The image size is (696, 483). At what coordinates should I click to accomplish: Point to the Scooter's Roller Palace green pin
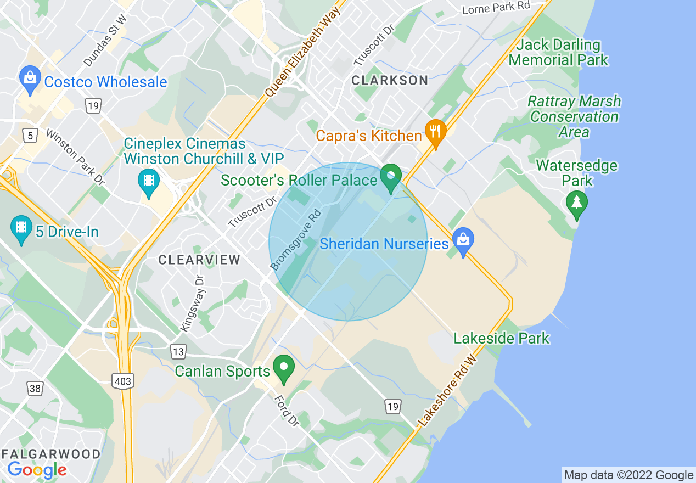(391, 178)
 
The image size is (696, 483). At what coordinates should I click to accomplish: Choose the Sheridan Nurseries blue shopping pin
(463, 241)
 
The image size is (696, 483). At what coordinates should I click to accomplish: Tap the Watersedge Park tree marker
(576, 204)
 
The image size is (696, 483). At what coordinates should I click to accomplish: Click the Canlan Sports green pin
(284, 368)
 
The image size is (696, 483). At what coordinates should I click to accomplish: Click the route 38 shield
(35, 389)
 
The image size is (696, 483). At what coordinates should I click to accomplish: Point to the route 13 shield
(178, 351)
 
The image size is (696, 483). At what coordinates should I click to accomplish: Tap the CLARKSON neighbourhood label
(390, 80)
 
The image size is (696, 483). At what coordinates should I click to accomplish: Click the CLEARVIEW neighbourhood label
(199, 260)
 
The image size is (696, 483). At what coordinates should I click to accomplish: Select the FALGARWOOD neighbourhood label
(50, 454)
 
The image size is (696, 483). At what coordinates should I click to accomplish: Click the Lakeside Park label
(501, 338)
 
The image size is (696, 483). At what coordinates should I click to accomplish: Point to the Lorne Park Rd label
(496, 8)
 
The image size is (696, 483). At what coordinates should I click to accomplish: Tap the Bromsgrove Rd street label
(295, 239)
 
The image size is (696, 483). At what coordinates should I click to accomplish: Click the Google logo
(37, 470)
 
